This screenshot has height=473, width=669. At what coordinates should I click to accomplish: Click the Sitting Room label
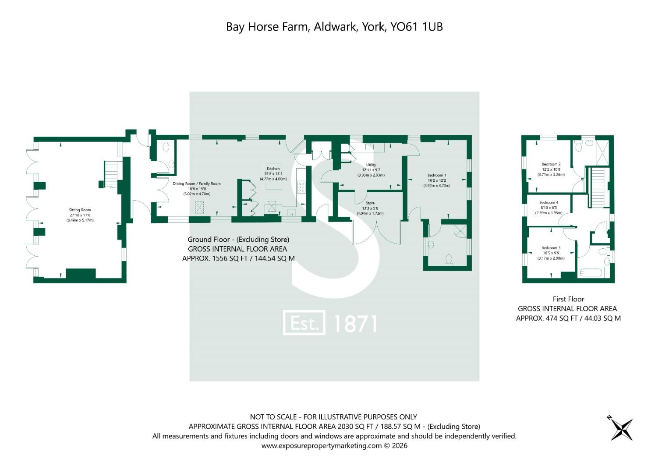pyautogui.click(x=80, y=210)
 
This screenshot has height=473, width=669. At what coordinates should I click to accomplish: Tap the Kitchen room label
pyautogui.click(x=273, y=169)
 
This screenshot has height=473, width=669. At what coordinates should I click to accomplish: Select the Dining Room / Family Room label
pyautogui.click(x=197, y=184)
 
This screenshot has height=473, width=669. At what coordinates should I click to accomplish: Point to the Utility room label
pyautogui.click(x=371, y=165)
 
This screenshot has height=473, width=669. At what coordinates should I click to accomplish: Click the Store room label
pyautogui.click(x=370, y=203)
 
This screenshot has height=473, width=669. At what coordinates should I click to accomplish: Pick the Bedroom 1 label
pyautogui.click(x=437, y=175)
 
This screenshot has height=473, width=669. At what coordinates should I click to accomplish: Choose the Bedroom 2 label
pyautogui.click(x=551, y=164)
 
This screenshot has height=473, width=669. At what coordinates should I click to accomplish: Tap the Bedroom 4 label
pyautogui.click(x=549, y=203)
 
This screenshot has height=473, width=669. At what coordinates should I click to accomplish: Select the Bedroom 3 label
pyautogui.click(x=551, y=248)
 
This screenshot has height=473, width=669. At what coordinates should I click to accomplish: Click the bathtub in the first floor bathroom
pyautogui.click(x=591, y=273)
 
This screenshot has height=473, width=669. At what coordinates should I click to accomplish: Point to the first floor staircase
pyautogui.click(x=598, y=187)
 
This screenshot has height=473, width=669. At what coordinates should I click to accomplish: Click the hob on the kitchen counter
pyautogui.click(x=301, y=187)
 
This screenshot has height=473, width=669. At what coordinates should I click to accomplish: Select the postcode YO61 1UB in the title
pyautogui.click(x=417, y=27)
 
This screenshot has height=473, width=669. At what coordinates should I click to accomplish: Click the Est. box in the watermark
pyautogui.click(x=304, y=322)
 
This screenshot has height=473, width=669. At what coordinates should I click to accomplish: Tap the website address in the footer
pyautogui.click(x=322, y=446)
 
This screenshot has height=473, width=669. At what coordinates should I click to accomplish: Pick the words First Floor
pyautogui.click(x=568, y=299)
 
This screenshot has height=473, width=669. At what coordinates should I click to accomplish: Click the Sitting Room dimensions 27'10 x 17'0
pyautogui.click(x=80, y=215)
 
